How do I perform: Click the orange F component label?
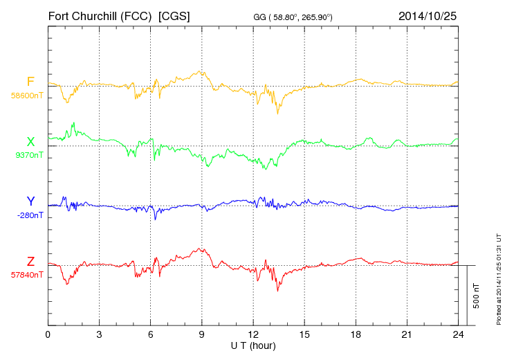tap(30, 82)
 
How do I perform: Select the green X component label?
tap(30, 141)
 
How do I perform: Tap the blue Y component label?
tap(30, 201)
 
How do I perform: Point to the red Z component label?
tap(30, 261)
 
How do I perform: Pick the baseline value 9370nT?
tap(29, 155)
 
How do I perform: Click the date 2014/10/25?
tap(428, 15)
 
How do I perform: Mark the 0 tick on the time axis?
tap(48, 334)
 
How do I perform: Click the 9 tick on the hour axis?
tap(201, 334)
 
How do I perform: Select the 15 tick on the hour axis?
tap(304, 334)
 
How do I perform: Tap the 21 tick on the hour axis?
tap(407, 334)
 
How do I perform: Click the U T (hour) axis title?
tap(253, 345)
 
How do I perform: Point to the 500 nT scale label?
tap(477, 295)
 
